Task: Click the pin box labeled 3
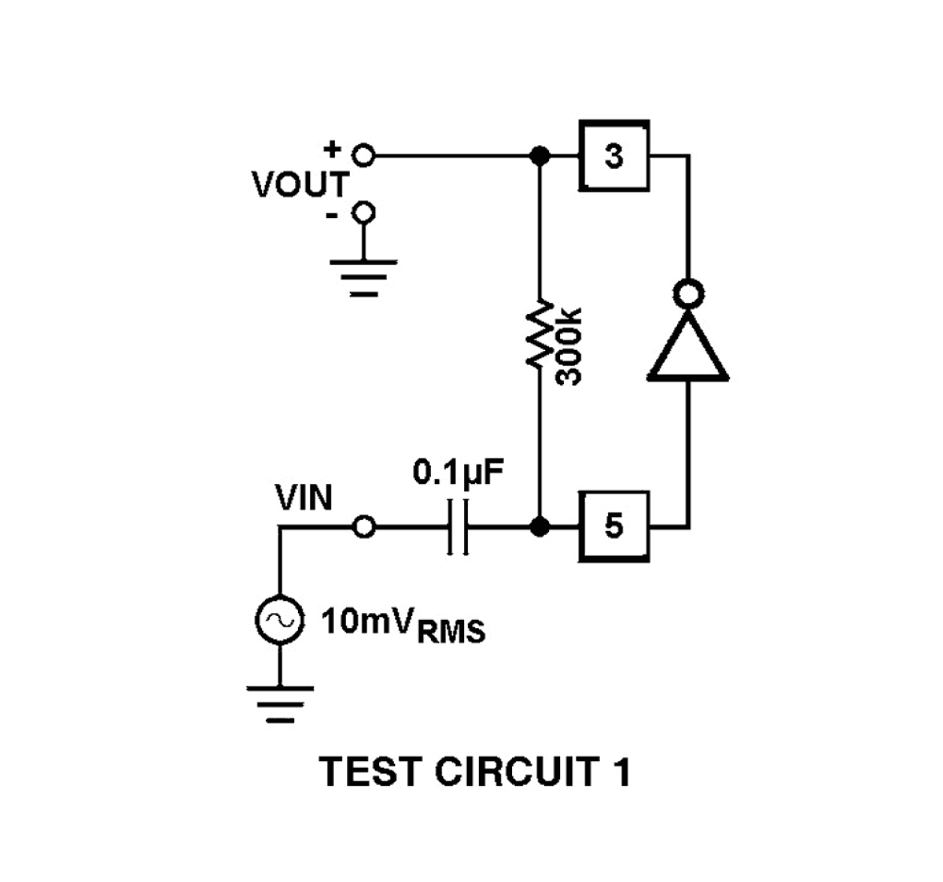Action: pyautogui.click(x=613, y=156)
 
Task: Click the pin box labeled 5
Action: pyautogui.click(x=613, y=526)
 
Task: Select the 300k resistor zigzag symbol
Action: pyautogui.click(x=539, y=334)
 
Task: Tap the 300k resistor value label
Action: pyautogui.click(x=570, y=346)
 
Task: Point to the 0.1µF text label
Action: pyautogui.click(x=458, y=473)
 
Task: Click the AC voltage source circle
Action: pyautogui.click(x=279, y=620)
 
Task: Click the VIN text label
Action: pyautogui.click(x=303, y=497)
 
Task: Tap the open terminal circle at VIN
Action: pyautogui.click(x=363, y=527)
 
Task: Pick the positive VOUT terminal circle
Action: pyautogui.click(x=363, y=156)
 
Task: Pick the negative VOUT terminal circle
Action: pyautogui.click(x=363, y=213)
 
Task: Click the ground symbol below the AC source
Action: pyautogui.click(x=279, y=702)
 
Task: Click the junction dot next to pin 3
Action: pyautogui.click(x=539, y=156)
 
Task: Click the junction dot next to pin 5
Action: pyautogui.click(x=539, y=527)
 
